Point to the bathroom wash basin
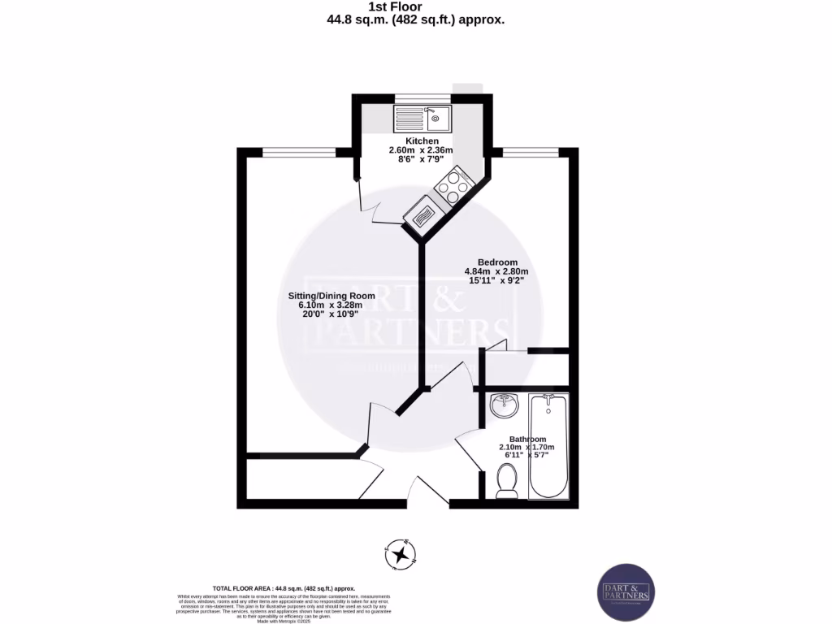pos(505,405)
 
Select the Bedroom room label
pos(497,262)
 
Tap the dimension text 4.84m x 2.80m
pos(496,271)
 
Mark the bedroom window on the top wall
pos(531,151)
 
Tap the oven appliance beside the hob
pos(425,216)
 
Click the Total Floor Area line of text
pos(284,587)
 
